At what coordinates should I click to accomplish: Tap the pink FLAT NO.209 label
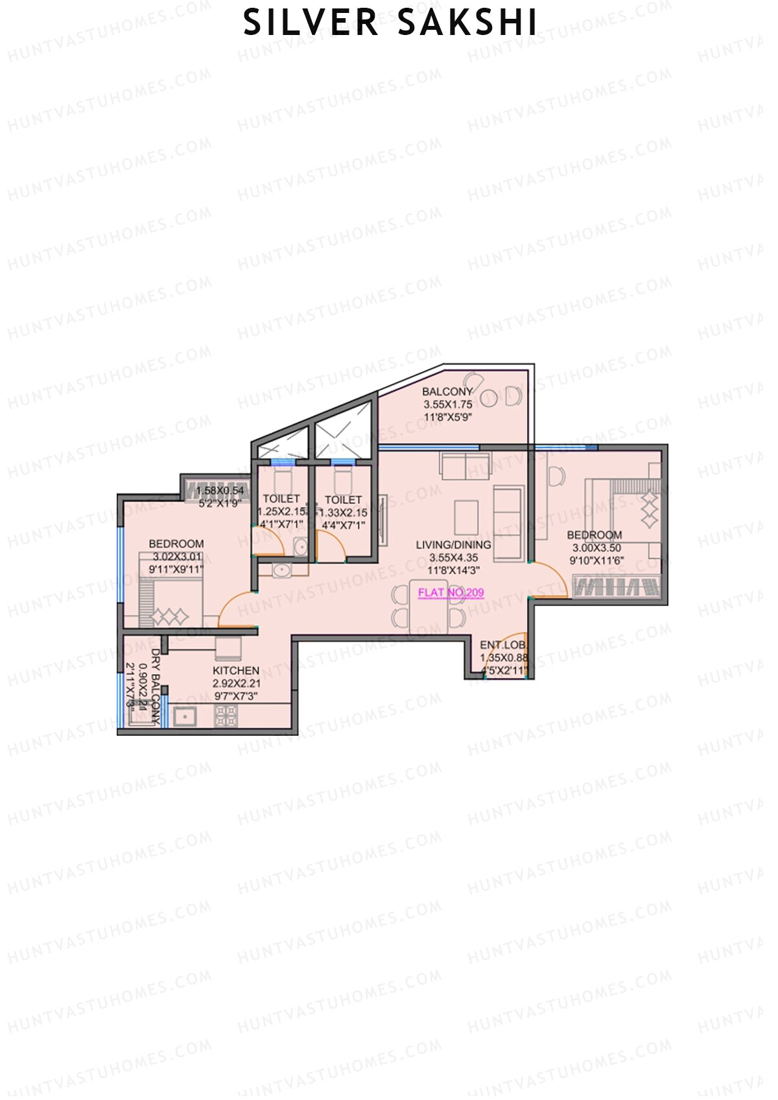pos(451,592)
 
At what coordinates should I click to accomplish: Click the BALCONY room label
pos(447,392)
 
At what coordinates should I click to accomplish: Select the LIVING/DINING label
pos(453,545)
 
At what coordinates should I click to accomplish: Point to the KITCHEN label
pos(236,670)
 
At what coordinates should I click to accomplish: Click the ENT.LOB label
pos(502,645)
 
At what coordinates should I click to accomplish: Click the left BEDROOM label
pos(176,544)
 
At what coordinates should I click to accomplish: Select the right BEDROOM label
pos(595,535)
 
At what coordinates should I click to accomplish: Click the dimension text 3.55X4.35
pos(453,557)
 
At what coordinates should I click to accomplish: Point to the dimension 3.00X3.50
pos(596,548)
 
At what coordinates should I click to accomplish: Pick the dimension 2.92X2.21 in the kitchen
pos(236,683)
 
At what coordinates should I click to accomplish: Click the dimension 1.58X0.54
pos(220,491)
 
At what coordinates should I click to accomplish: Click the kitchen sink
pos(185,717)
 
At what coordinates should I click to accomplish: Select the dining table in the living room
pos(428,607)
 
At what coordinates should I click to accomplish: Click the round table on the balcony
pos(489,397)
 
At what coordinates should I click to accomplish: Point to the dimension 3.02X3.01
pos(177,557)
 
